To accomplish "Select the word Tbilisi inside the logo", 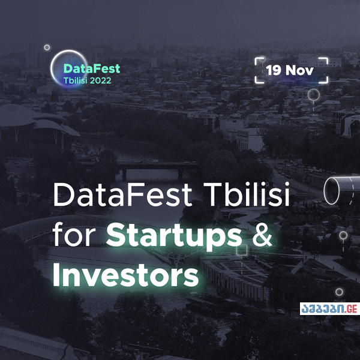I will point(74,80).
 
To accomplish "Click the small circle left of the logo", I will point(47,47).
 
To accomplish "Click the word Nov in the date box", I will point(299,70).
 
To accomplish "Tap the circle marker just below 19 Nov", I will point(313,94).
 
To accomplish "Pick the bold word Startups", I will point(174,236).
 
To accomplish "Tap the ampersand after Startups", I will point(260,236).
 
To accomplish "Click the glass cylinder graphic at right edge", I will point(339,190).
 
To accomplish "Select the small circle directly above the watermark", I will point(339,292).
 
